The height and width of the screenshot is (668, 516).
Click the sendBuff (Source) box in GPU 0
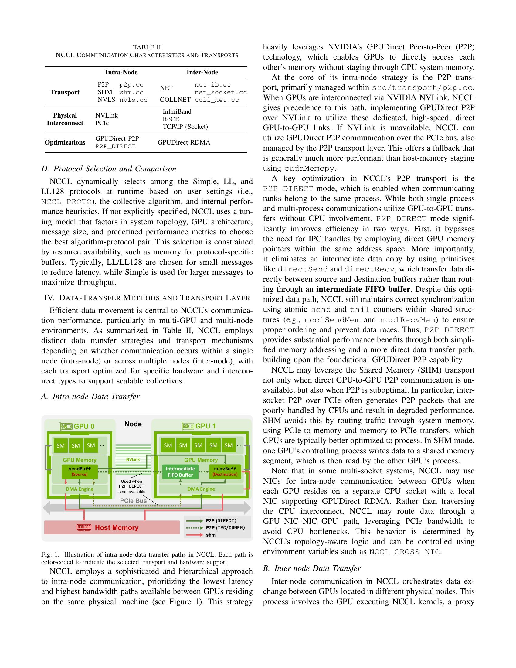(80, 472)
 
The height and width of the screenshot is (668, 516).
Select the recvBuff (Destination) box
(225, 472)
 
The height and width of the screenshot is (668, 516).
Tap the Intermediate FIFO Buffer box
(180, 472)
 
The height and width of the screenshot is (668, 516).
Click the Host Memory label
(117, 527)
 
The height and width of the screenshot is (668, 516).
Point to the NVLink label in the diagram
(133, 459)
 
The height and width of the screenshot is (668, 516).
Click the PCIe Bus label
(133, 501)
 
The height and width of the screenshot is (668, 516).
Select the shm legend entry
(211, 535)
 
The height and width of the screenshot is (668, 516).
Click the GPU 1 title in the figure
(205, 426)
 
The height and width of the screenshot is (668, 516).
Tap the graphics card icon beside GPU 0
(66, 426)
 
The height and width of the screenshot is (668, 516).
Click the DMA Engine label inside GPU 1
(201, 489)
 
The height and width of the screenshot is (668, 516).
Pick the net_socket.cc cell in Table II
(221, 92)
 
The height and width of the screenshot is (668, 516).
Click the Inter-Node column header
(202, 73)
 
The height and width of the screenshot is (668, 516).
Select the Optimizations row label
(65, 142)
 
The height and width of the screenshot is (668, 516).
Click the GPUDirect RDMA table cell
(184, 142)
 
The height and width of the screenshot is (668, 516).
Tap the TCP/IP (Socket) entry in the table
(185, 127)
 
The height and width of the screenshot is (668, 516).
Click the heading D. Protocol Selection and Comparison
(109, 169)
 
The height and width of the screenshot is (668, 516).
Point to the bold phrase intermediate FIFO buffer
(363, 289)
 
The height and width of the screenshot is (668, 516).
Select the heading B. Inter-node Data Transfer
(312, 568)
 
